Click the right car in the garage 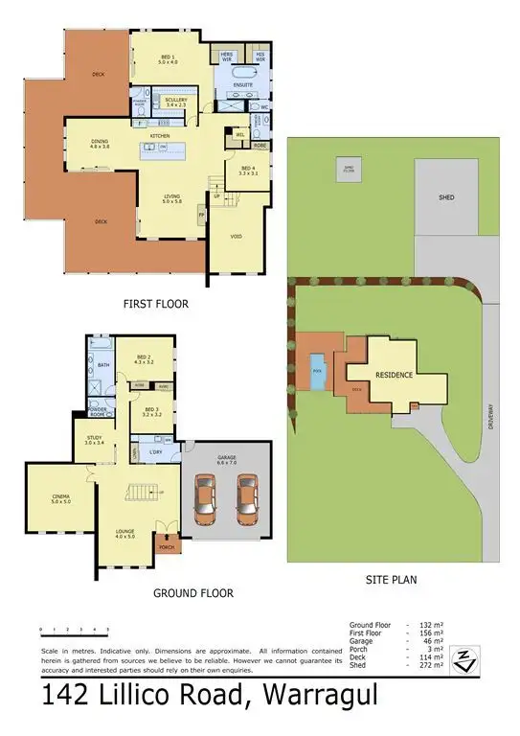(x=248, y=498)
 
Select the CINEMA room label (x=60, y=496)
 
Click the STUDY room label (x=93, y=440)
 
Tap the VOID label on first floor (x=236, y=235)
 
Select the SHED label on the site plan (x=445, y=197)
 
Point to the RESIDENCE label (x=394, y=375)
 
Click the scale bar (x=74, y=632)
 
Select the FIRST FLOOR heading (x=155, y=304)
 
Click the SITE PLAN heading (x=391, y=579)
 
